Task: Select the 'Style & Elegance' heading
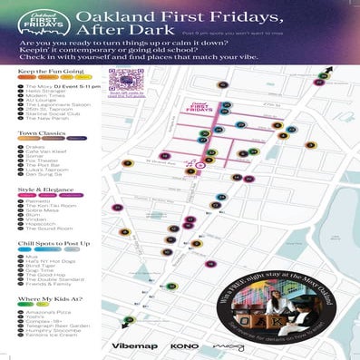coord(41,189)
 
